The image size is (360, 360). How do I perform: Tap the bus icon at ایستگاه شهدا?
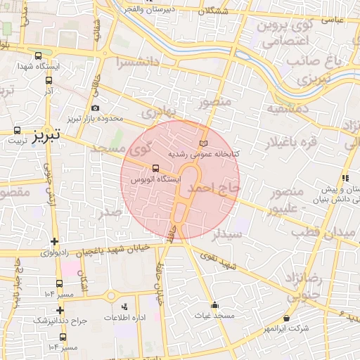pyautogui.click(x=37, y=56)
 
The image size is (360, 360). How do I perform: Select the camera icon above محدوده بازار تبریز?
pyautogui.click(x=96, y=108)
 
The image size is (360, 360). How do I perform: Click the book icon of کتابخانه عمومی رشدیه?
pyautogui.click(x=204, y=143)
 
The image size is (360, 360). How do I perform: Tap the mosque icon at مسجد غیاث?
pyautogui.click(x=214, y=305)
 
